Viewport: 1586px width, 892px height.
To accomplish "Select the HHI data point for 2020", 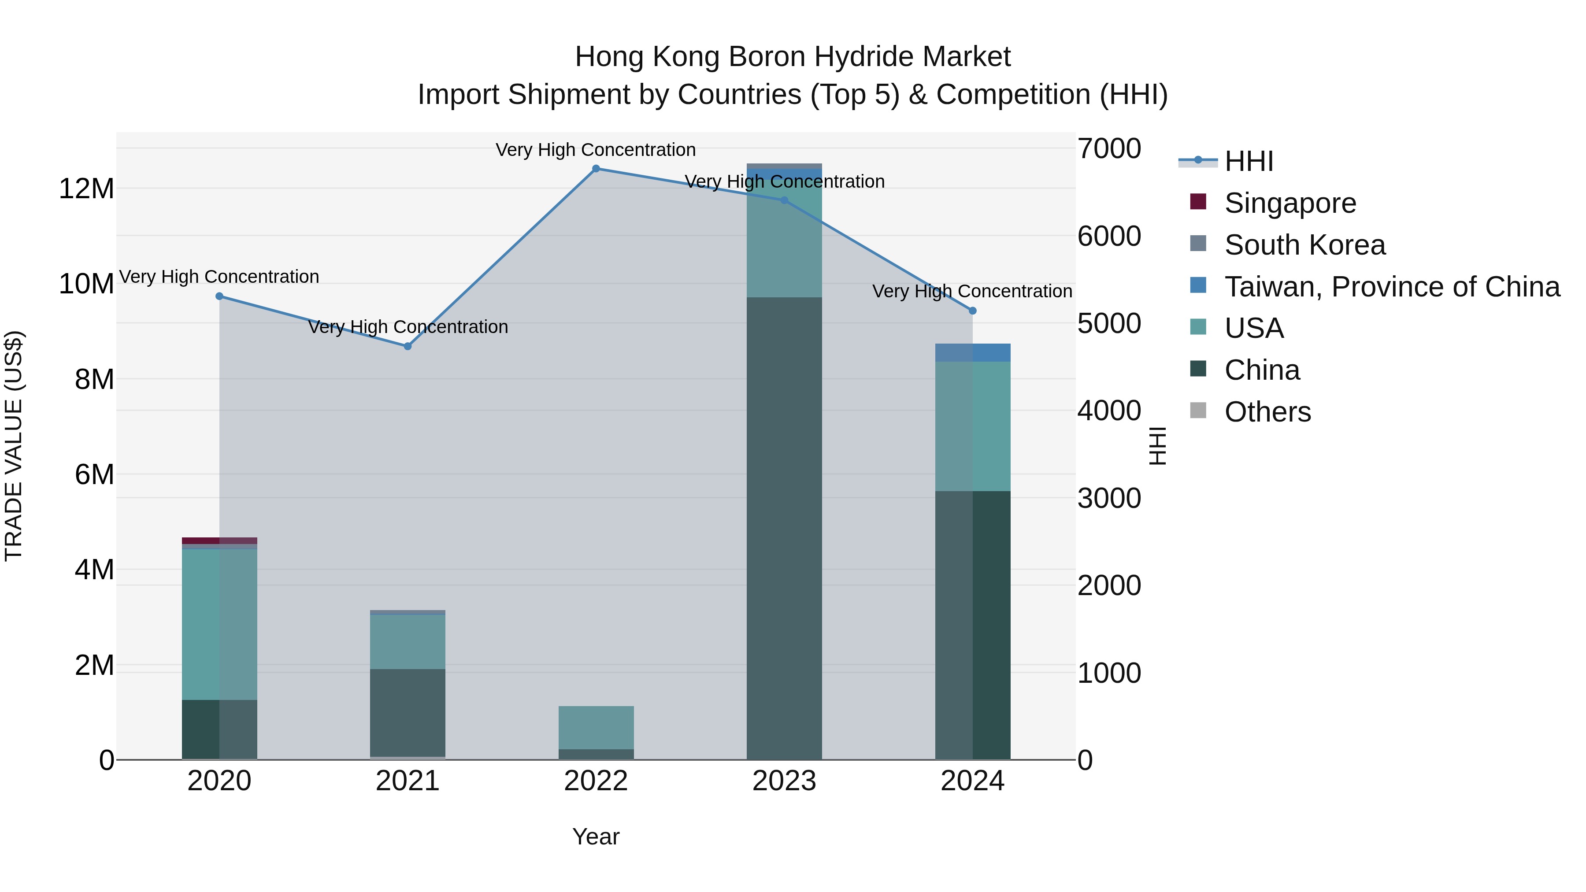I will (219, 296).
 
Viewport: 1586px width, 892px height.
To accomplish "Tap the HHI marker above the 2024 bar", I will (972, 311).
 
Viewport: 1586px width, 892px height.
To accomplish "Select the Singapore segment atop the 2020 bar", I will (219, 540).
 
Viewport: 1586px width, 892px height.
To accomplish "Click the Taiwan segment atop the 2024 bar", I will (972, 353).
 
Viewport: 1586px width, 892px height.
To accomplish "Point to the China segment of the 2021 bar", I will (407, 712).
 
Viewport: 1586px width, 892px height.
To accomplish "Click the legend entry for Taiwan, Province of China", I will (1391, 287).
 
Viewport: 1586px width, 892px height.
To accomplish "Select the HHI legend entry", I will (1248, 161).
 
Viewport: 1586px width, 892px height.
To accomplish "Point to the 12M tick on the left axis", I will (86, 189).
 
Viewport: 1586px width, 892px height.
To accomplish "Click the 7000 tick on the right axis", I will (1109, 148).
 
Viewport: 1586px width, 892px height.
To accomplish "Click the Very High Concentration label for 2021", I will (408, 327).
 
